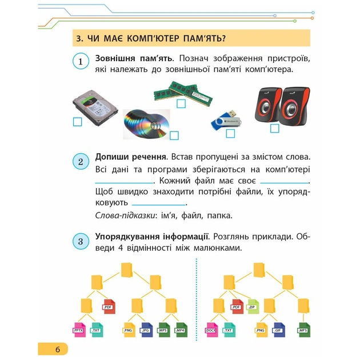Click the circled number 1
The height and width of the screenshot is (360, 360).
pos(81,61)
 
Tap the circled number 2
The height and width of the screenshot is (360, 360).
pos(81,162)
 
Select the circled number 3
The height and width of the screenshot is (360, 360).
pos(81,241)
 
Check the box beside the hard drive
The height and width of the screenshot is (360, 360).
pos(77,122)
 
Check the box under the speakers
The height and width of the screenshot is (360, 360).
pos(274,128)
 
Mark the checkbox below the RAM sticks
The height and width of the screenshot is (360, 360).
pos(181,104)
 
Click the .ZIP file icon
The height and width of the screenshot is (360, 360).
pos(251,306)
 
